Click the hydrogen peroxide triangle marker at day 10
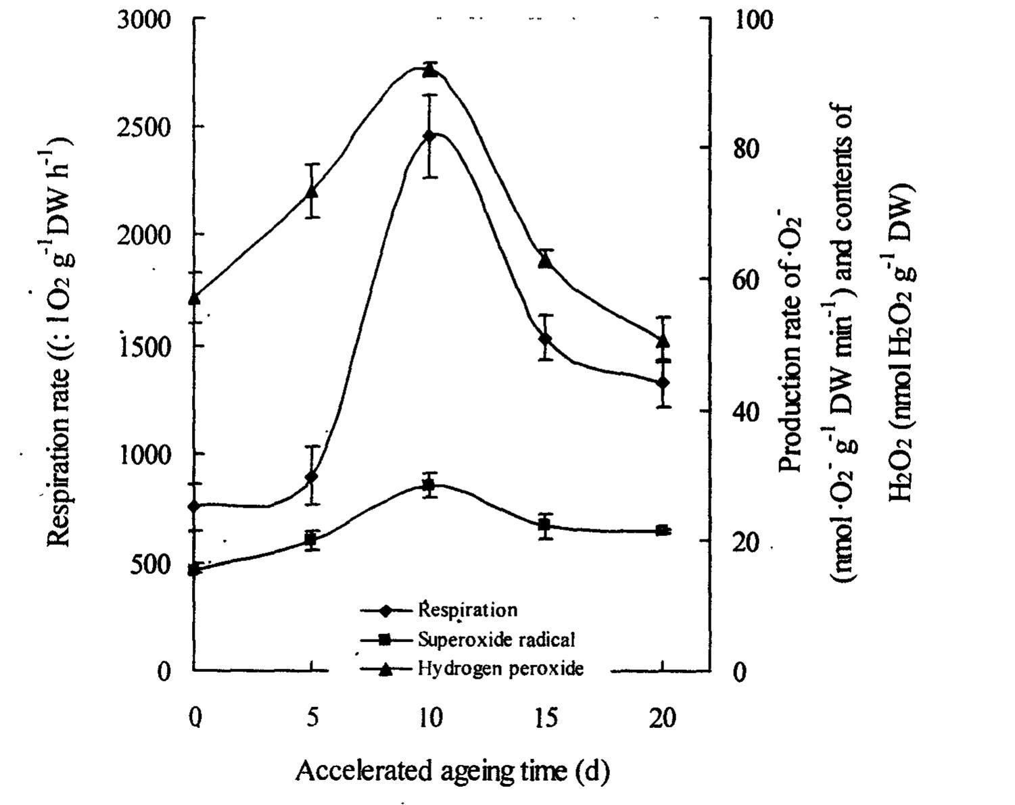[429, 70]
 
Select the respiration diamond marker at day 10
[429, 136]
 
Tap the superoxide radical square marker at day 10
[429, 485]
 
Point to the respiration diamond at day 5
[311, 477]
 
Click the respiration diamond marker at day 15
[546, 338]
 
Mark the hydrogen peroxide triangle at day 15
[546, 260]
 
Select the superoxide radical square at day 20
[663, 531]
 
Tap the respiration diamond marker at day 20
[663, 383]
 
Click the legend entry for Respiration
[467, 610]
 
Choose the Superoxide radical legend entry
[496, 639]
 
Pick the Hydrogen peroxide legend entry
[500, 668]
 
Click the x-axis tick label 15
[546, 718]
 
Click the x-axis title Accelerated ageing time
[452, 771]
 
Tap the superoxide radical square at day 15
[545, 525]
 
